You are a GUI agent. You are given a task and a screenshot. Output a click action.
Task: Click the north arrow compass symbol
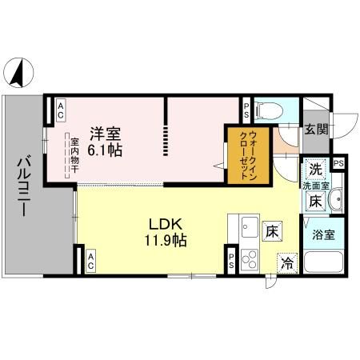[16, 74]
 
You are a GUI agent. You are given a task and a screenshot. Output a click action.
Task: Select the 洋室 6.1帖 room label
[105, 142]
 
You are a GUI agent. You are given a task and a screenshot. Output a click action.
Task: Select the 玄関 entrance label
[314, 130]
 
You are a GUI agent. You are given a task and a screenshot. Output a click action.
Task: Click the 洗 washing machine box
[314, 170]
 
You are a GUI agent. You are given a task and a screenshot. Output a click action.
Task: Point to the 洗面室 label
[314, 186]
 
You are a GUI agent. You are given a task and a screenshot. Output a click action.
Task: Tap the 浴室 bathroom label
[323, 236]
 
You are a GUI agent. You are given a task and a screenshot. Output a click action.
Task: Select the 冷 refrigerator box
[286, 262]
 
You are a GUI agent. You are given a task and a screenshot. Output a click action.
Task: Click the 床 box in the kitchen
[273, 231]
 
